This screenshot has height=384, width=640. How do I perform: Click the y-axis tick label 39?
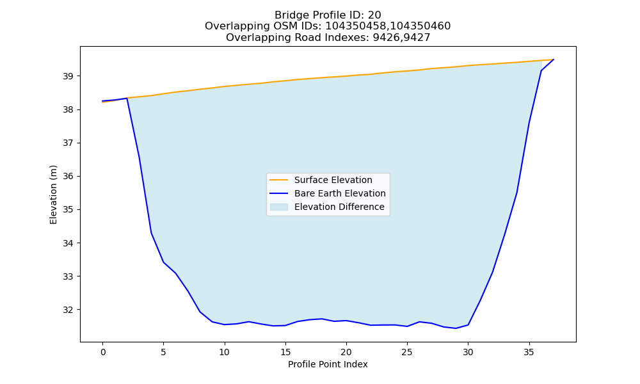(x=69, y=76)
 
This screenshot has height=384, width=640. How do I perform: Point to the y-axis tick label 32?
(x=69, y=310)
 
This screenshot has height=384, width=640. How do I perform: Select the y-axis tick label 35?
(x=69, y=210)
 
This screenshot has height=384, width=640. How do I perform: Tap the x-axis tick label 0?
(x=102, y=352)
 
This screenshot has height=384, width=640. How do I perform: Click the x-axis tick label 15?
(x=285, y=352)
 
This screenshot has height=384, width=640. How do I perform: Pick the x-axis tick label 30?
(x=468, y=352)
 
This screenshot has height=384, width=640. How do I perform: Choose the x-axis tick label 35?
(x=529, y=352)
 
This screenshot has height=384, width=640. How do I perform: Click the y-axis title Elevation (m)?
(x=54, y=195)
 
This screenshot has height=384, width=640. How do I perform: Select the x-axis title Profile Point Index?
(x=328, y=364)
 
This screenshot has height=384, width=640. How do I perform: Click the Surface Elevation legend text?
(x=333, y=180)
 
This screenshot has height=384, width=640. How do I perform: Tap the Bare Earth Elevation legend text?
(x=340, y=193)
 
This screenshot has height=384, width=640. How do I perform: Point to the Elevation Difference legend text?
(x=339, y=207)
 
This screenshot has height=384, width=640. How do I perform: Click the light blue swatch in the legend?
(x=279, y=207)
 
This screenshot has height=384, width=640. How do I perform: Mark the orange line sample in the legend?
(x=279, y=180)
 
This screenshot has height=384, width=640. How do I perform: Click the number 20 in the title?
(x=374, y=15)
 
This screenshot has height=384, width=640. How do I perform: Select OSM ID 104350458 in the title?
(x=355, y=26)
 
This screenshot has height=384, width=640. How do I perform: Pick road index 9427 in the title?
(x=417, y=38)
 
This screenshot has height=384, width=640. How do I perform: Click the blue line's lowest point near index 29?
(x=456, y=328)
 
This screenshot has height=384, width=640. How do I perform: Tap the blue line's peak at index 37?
(x=554, y=60)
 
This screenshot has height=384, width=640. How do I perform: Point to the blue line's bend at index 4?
(x=152, y=233)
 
